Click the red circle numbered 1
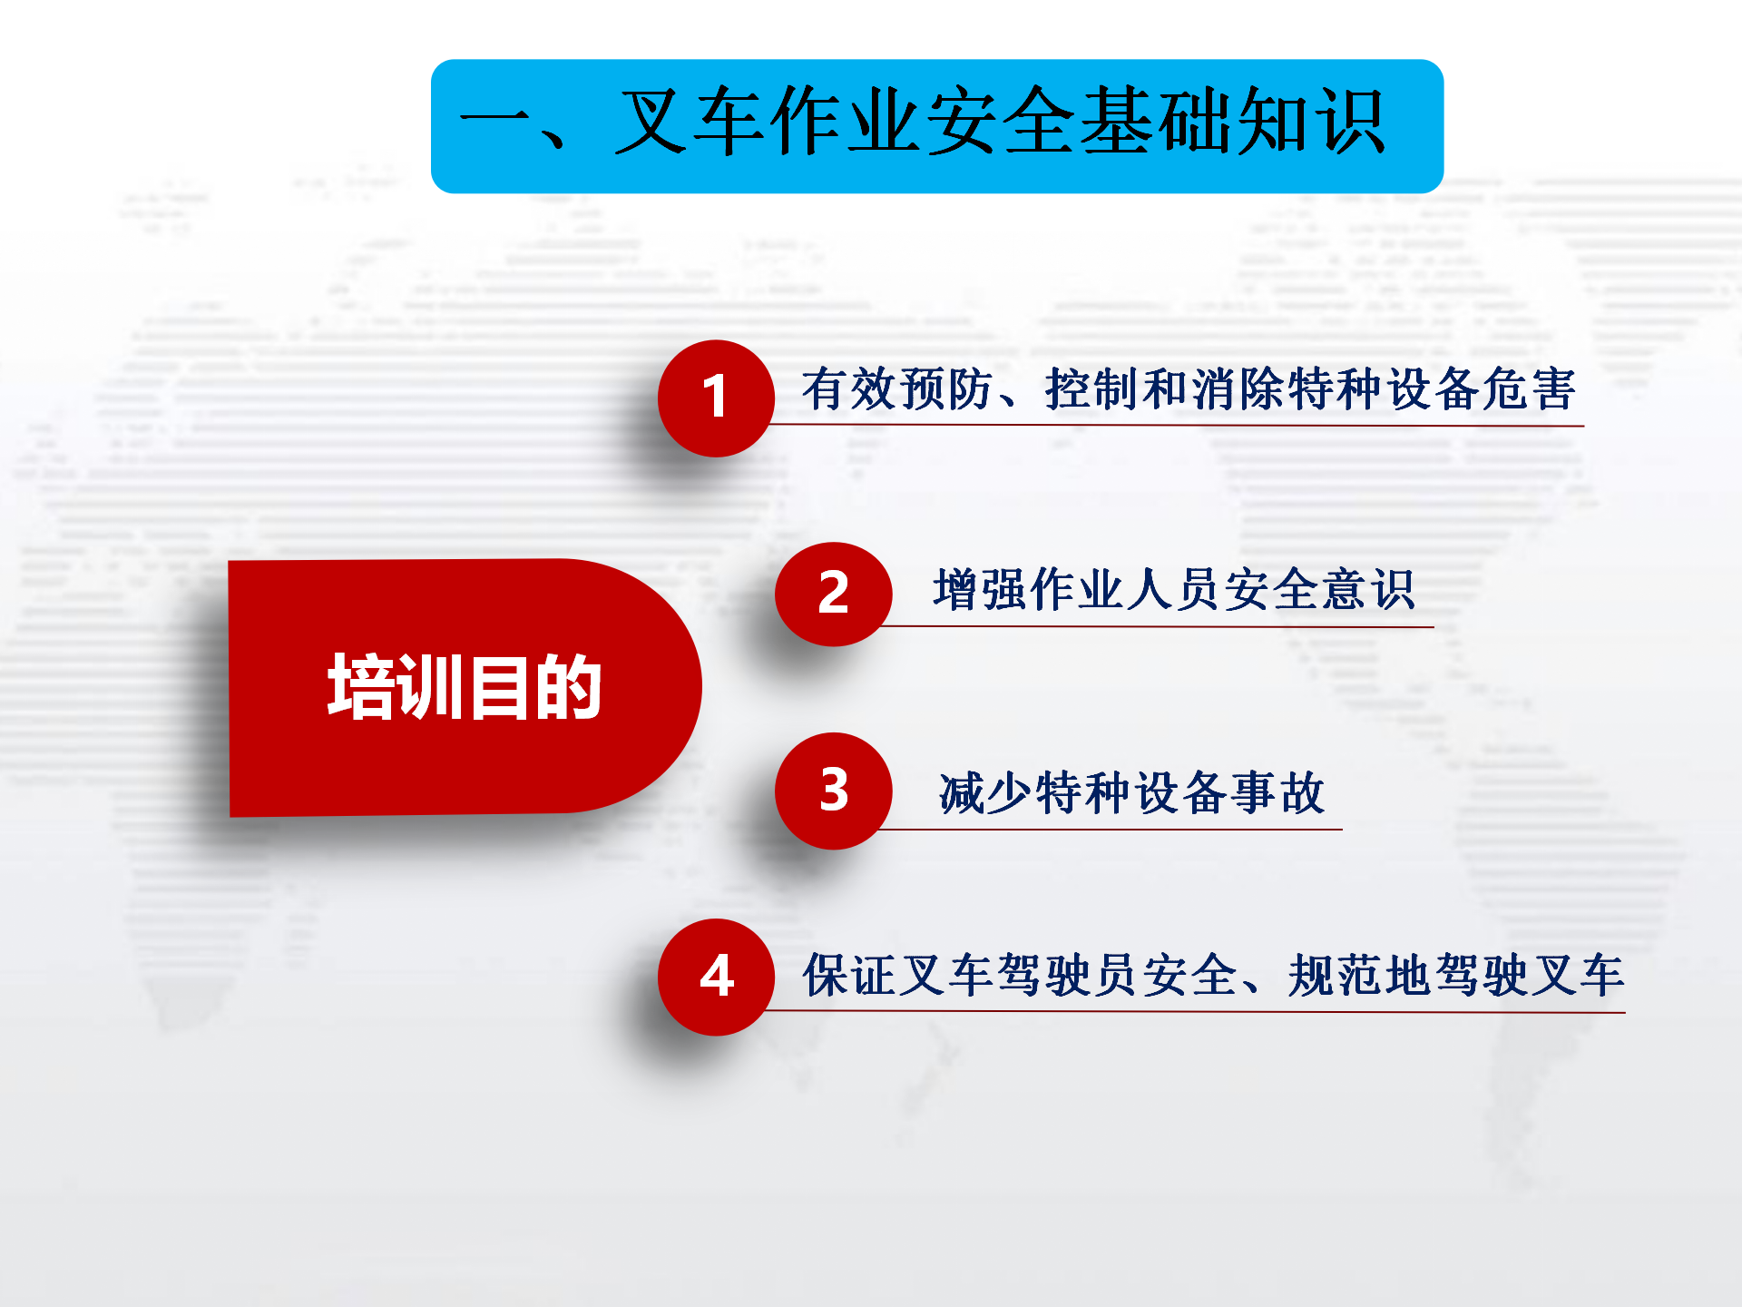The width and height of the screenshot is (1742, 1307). (716, 398)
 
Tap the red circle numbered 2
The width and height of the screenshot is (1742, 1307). (833, 594)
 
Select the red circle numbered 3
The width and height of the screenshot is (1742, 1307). (833, 791)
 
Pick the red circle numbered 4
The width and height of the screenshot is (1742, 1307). (716, 977)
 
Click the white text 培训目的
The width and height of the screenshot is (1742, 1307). (465, 687)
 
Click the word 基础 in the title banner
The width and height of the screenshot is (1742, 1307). (1154, 122)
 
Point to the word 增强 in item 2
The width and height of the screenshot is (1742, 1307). (981, 590)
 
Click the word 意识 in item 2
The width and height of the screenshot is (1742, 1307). (1368, 590)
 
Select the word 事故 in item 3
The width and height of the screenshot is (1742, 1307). (1277, 792)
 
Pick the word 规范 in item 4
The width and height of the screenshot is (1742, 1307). (1336, 976)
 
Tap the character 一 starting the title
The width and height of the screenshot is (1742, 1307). (497, 123)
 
